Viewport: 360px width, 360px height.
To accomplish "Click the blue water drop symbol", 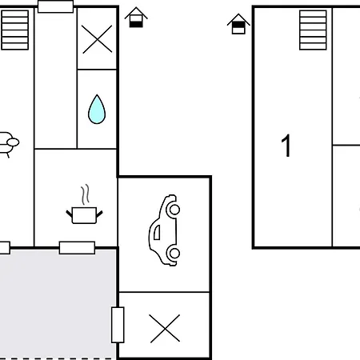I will [x=97, y=110].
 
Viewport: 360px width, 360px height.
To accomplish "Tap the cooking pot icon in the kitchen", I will [x=84, y=214].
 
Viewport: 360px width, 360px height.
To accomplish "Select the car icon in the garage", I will [x=164, y=230].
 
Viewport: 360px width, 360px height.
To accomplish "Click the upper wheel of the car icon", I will [x=174, y=210].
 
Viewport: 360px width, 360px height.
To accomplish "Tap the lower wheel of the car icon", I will [x=174, y=254].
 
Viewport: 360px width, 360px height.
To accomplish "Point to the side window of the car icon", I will [x=157, y=232].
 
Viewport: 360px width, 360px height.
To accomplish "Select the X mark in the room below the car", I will [x=165, y=327].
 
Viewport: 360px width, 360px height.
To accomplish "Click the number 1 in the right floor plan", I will [x=286, y=146].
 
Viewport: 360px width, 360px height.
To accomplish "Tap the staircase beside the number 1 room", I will [x=313, y=30].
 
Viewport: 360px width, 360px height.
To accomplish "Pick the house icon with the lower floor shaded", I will [x=137, y=18].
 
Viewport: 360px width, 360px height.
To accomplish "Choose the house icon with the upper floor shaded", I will [x=238, y=24].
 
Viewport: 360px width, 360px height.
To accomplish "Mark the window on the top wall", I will [x=56, y=7].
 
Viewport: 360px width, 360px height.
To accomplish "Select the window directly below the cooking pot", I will [x=77, y=247].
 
